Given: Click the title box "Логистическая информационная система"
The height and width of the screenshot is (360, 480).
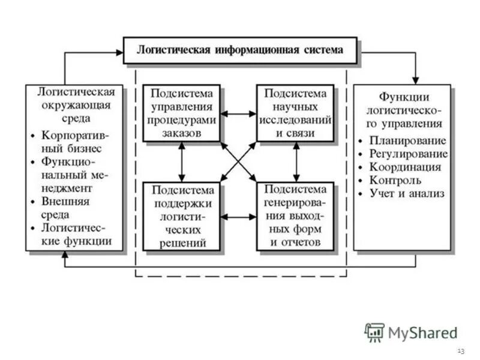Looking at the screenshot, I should coord(240,50).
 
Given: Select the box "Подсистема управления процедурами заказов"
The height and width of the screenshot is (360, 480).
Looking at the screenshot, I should coord(181,113).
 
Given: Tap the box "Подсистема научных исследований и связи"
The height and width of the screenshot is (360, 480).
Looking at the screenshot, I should coord(295,113).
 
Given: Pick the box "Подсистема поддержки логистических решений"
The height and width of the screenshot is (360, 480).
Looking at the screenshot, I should coord(181,217).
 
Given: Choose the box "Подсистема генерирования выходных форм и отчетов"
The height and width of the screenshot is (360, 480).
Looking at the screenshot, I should coord(295,217).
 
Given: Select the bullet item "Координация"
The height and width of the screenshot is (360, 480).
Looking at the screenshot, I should coord(406,167).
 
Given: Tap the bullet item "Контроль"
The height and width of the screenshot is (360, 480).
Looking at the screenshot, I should coord(397,180).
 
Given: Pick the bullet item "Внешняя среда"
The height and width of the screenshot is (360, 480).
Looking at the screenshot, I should coord(65,208).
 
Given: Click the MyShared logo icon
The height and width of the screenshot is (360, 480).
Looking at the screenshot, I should coord(374,332).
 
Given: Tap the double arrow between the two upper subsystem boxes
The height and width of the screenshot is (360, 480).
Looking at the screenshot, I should coord(238,113).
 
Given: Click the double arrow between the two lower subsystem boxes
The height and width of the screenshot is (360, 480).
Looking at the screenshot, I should coord(238,217).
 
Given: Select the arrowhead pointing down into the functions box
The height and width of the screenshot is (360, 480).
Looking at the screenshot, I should coord(415,80).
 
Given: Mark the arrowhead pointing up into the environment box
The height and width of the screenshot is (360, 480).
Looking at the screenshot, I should coord(65,255).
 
